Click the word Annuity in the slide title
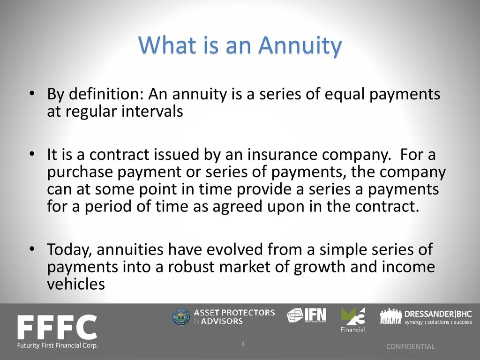point(300,45)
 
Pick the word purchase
point(80,172)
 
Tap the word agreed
point(237,207)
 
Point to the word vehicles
point(76,284)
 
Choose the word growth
point(319,267)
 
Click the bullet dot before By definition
point(31,94)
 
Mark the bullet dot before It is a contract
point(31,155)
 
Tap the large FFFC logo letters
point(57,327)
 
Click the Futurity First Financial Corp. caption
point(58,345)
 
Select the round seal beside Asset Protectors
point(181,316)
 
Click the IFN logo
point(307,315)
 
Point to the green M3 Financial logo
point(353,320)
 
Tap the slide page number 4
point(243,344)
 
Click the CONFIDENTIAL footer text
point(410,346)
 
